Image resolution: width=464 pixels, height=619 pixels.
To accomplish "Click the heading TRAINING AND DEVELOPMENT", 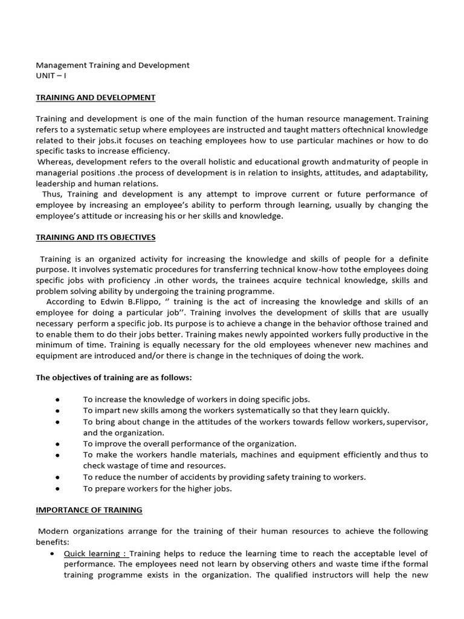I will [x=95, y=97].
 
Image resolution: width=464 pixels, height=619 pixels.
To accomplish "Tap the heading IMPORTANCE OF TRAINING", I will [x=89, y=510].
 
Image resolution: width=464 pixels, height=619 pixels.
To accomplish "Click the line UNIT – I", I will [x=51, y=76].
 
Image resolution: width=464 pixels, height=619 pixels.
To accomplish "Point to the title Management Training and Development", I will [x=112, y=65].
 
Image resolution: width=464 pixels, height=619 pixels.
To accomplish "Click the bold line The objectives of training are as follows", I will [x=114, y=378].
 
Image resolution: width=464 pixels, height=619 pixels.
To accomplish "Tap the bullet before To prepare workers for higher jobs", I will [x=56, y=488].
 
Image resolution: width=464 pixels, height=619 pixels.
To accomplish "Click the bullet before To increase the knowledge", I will [x=56, y=400].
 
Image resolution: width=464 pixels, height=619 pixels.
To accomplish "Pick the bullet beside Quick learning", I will [x=56, y=554].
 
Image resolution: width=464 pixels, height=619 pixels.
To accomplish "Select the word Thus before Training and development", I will [x=53, y=194].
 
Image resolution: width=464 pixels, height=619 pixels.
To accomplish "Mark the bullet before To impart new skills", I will [x=56, y=410].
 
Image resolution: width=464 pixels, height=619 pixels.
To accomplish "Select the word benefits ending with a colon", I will [x=53, y=542].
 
